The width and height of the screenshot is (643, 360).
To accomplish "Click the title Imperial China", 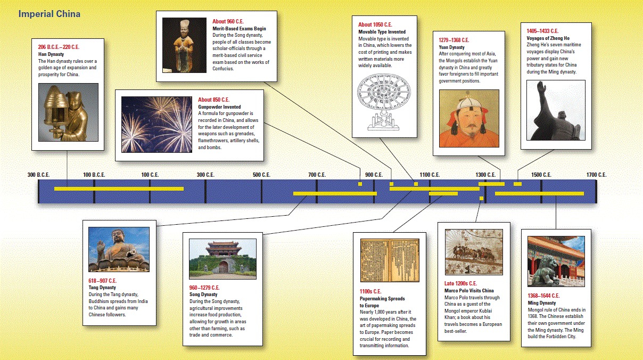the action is pos(50,14).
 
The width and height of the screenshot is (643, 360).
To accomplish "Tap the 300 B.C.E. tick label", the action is pos(38,175).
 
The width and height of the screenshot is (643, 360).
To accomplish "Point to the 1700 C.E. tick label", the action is pos(596,175).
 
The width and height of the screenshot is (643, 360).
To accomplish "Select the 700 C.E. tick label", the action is pos(317,175).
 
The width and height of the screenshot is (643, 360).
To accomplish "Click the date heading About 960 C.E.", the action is pos(228,21).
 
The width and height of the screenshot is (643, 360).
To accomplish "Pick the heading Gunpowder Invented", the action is pos(219,107).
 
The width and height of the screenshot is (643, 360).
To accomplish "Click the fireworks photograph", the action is pos(156,124).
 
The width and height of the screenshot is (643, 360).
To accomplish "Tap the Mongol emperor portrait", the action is pos(469,119).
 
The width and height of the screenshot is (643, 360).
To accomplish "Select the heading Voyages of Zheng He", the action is pos(548,38).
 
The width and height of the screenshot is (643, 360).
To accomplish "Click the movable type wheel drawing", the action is pos(384,102).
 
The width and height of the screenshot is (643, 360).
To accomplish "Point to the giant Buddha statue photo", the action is pos(119,249).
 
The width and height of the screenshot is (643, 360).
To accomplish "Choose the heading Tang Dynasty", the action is pos(102,288).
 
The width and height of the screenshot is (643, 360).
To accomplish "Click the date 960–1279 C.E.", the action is pos(204,288).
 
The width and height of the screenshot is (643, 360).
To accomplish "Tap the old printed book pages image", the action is pos(390,260).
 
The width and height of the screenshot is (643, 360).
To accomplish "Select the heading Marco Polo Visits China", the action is pos(469,291).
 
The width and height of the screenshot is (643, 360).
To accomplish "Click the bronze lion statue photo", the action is pos(556,261).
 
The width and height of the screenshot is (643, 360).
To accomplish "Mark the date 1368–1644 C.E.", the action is pos(543,296).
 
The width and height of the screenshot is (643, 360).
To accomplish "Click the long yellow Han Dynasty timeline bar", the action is pos(119,189).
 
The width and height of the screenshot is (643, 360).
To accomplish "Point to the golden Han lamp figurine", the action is pos(68,112).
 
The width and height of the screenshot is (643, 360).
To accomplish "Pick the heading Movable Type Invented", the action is pos(382,32).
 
